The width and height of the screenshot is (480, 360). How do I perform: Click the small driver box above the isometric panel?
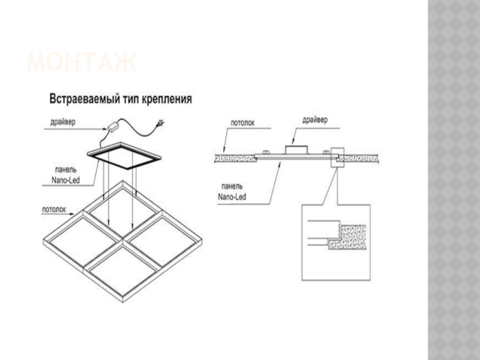point(112,127)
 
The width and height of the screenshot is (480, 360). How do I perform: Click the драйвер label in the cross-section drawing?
point(315,120)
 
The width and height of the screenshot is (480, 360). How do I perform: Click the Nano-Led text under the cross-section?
point(232,196)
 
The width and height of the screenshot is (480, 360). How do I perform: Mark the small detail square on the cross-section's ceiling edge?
point(335,157)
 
